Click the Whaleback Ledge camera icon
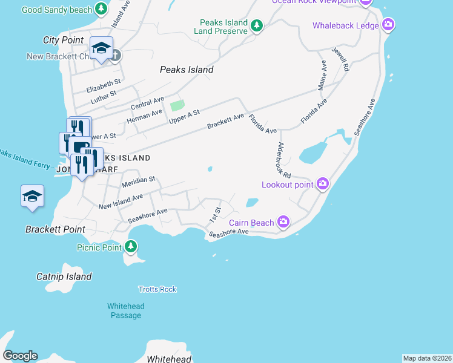click(x=389, y=25)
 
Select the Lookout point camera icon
click(x=323, y=184)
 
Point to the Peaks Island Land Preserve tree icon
click(x=257, y=26)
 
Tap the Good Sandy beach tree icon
click(x=102, y=10)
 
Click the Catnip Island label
click(x=64, y=277)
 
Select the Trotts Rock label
click(x=157, y=289)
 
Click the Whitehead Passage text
click(x=126, y=311)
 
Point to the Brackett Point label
click(x=55, y=230)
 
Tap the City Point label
click(x=63, y=40)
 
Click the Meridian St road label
click(x=139, y=180)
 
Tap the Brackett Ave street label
click(x=225, y=120)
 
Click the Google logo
click(x=20, y=356)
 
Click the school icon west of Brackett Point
click(x=32, y=197)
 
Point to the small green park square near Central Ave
click(x=177, y=105)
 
